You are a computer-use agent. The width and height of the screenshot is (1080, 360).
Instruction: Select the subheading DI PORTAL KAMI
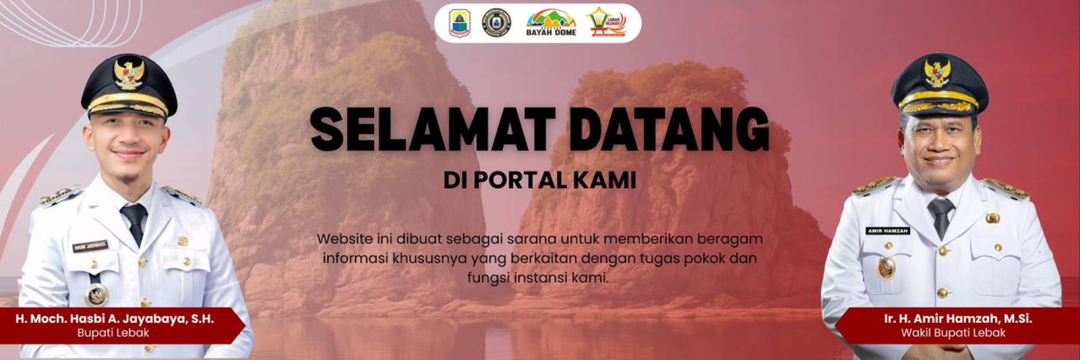540,180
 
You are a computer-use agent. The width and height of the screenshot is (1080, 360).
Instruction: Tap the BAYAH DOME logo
551,23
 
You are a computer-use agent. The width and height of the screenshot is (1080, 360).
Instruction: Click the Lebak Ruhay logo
606,23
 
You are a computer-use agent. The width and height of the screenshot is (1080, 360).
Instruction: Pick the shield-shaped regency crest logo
460,23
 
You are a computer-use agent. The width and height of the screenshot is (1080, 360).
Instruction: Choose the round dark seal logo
497,23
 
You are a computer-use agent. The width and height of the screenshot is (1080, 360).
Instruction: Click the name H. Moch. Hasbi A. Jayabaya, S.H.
115,319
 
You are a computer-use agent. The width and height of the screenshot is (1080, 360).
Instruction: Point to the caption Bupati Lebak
113,332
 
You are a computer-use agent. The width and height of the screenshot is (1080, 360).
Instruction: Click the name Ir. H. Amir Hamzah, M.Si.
958,319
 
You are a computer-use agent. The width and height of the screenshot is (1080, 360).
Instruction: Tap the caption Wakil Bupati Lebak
953,332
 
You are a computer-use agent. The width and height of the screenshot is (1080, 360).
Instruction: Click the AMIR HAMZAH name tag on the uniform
888,231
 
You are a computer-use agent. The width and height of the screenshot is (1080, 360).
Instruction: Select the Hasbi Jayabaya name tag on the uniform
90,246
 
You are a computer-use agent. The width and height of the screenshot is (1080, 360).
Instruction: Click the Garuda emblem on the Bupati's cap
129,73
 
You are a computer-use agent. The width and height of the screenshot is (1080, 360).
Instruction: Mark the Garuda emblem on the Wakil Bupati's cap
937,73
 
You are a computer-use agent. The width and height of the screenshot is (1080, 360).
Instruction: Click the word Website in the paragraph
344,239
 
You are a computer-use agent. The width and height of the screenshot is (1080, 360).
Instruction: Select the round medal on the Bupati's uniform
97,294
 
